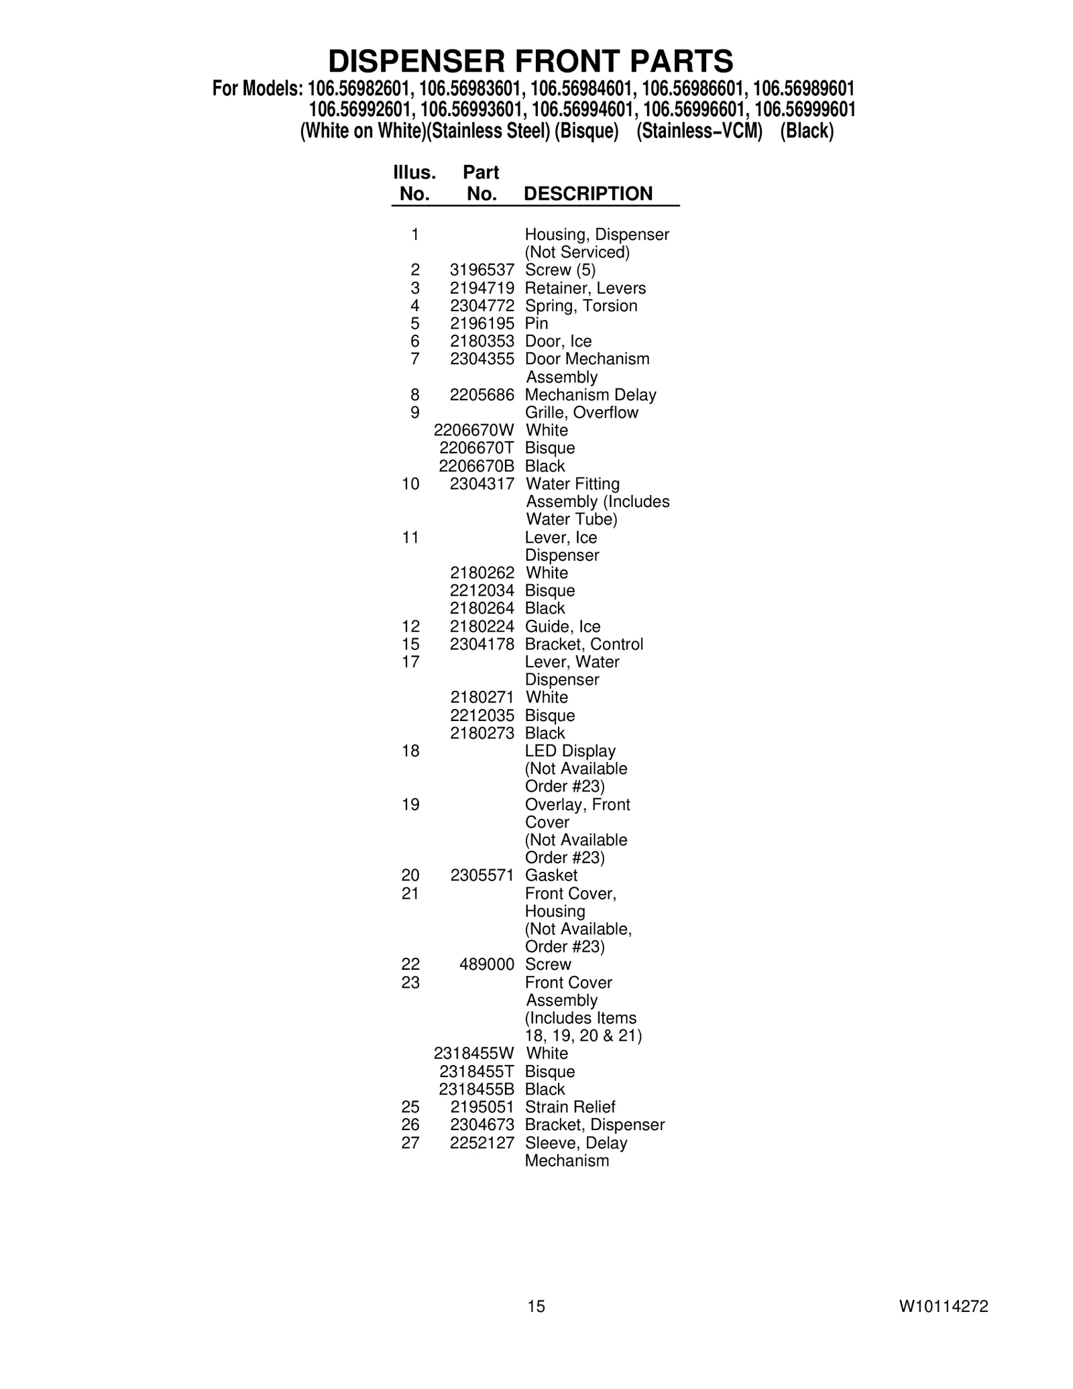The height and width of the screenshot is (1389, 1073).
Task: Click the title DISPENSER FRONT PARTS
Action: pos(530,62)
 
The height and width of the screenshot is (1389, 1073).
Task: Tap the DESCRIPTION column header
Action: pos(587,194)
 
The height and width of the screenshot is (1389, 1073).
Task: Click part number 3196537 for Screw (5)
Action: pos(482,270)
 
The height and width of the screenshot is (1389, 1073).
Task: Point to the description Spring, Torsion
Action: pos(581,306)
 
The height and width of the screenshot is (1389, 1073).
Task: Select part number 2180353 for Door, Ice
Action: pos(482,341)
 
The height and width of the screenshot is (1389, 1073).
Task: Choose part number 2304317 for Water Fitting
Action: pos(482,484)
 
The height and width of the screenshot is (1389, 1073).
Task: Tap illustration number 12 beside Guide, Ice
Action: pos(410,626)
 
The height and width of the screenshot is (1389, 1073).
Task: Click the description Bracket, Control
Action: pos(583,645)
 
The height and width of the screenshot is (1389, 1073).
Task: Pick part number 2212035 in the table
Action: pos(482,716)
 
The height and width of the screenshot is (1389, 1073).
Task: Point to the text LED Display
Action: pos(570,751)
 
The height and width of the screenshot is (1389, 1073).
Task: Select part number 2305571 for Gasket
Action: pos(482,875)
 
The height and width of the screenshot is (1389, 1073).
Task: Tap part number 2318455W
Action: pos(473,1054)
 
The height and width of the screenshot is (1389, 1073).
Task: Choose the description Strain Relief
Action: pos(570,1107)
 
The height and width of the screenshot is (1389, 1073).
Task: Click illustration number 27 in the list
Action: pos(410,1143)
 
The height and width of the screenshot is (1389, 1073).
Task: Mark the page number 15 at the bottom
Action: pos(536,1306)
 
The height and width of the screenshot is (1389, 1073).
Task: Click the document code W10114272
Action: pos(944,1306)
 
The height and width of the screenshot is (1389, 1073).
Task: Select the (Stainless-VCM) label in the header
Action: pos(699,131)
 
